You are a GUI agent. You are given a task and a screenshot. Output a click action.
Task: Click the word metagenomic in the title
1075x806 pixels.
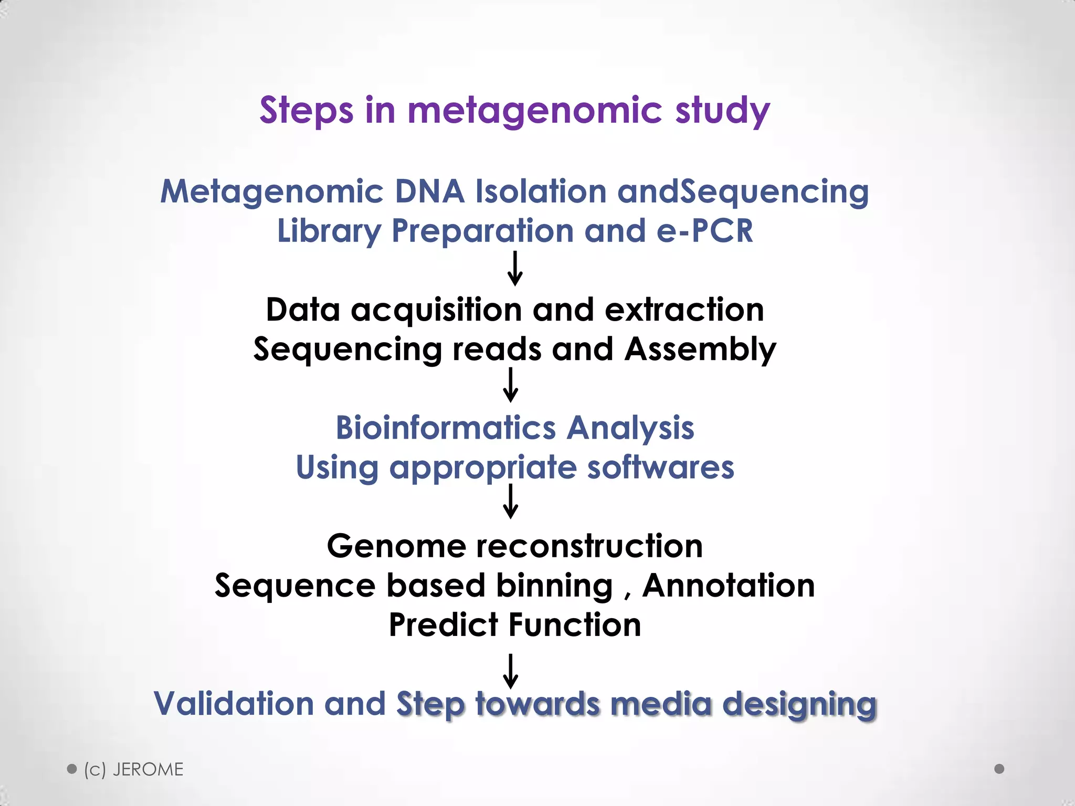click(534, 111)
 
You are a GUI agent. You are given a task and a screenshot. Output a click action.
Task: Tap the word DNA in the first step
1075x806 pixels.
click(429, 192)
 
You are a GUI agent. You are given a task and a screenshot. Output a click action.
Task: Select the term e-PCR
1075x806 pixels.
click(704, 231)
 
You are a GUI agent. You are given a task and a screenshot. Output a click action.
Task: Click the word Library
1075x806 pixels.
click(329, 232)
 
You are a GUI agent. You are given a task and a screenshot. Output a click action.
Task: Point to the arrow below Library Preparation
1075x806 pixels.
click(515, 269)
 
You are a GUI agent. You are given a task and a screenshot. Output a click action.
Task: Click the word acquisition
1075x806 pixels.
click(436, 310)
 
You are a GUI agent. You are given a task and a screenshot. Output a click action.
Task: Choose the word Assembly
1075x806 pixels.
click(700, 350)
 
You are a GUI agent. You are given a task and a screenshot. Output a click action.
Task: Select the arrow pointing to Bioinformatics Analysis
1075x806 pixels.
click(511, 385)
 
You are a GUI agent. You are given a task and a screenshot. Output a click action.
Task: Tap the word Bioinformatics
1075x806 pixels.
click(445, 428)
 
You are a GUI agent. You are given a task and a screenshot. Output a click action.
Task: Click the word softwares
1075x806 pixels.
click(660, 468)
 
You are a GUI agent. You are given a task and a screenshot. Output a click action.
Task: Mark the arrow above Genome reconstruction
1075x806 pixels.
click(511, 502)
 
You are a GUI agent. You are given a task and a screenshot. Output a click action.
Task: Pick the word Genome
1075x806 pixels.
click(396, 546)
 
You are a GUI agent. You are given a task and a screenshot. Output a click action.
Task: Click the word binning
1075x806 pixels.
click(554, 586)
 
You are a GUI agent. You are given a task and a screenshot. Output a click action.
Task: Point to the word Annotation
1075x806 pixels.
click(729, 586)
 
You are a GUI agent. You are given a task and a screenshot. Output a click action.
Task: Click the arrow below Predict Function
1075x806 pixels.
click(511, 671)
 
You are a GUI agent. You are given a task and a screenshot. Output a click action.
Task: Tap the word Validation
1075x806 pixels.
click(234, 704)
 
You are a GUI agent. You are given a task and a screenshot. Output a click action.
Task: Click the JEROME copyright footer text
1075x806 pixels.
click(134, 770)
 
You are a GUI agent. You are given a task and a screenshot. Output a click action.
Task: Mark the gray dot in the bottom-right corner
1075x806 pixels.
click(999, 769)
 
